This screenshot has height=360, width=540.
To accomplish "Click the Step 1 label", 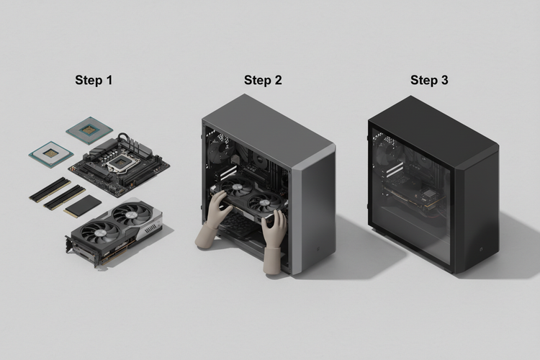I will pos(94,80).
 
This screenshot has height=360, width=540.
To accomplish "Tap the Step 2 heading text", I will pos(263,80).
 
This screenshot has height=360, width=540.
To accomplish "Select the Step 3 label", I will pos(429,80).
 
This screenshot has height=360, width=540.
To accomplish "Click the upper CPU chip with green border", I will pos(88,130).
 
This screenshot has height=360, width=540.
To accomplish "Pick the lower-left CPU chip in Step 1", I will pos(49,153).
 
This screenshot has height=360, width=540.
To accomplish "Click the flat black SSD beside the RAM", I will pos(83,207).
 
